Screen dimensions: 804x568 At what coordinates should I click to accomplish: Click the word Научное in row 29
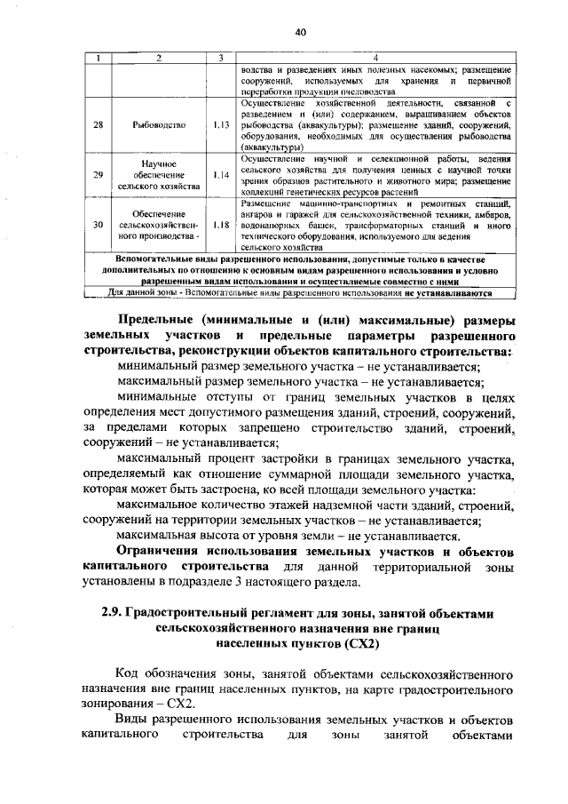point(158,164)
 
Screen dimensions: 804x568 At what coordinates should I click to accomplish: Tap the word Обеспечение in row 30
point(158,214)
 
